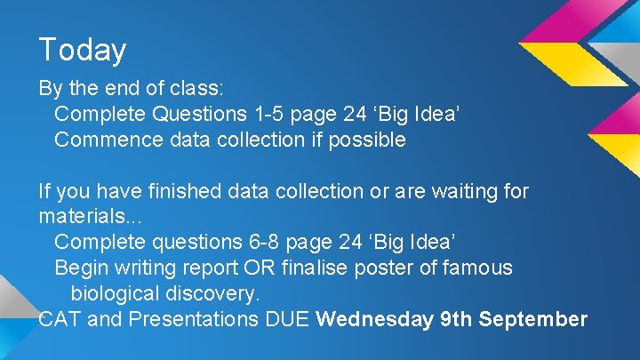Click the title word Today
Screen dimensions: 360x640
pyautogui.click(x=83, y=50)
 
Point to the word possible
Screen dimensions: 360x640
pyautogui.click(x=367, y=140)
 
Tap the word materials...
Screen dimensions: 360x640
pyautogui.click(x=82, y=217)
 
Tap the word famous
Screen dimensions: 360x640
pyautogui.click(x=482, y=268)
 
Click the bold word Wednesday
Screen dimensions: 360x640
pyautogui.click(x=374, y=319)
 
